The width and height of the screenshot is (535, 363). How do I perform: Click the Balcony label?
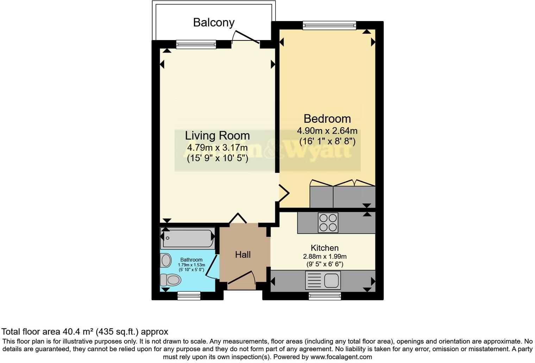[214, 23]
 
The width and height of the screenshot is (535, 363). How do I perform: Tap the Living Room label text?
[217, 135]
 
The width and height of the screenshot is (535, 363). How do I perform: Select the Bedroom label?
[327, 119]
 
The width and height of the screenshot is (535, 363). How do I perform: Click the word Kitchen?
[325, 248]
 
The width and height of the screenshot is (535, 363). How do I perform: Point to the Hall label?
[243, 255]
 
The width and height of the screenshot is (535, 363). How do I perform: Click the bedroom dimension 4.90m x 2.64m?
[327, 131]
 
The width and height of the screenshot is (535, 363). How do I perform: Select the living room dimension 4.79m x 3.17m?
[217, 147]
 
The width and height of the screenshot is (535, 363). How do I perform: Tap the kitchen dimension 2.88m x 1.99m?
[325, 256]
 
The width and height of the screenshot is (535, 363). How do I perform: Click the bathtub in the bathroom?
[188, 238]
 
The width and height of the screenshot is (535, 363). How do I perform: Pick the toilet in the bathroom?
[171, 280]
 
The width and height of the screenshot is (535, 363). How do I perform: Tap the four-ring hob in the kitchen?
[328, 223]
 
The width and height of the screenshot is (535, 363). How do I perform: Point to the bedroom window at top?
[329, 25]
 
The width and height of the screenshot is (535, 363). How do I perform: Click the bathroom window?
[189, 295]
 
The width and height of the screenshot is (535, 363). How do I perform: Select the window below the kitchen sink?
[325, 296]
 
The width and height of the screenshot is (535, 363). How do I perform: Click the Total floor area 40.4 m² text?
[85, 331]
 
